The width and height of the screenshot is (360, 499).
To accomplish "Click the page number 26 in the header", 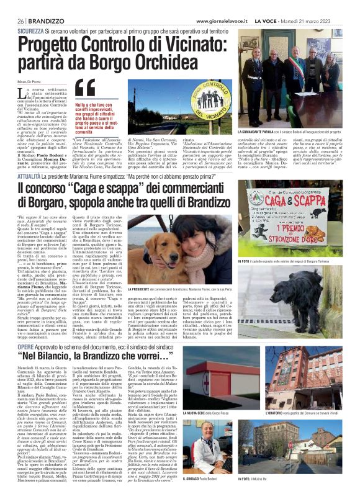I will point(21,20).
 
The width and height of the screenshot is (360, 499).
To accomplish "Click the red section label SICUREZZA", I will point(30,30).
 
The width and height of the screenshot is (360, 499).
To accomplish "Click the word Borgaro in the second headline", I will point(45,186).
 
